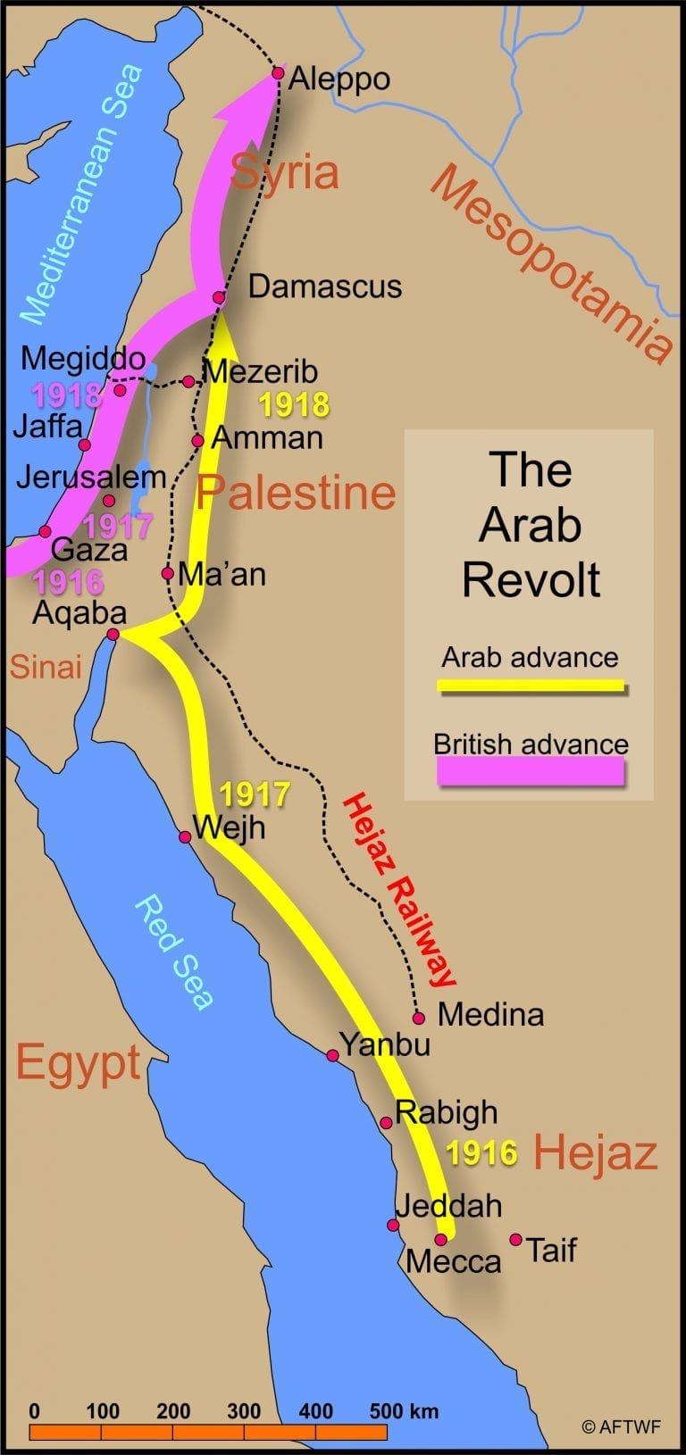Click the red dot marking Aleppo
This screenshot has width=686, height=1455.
tap(278, 73)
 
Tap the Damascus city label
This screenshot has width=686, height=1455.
tap(324, 287)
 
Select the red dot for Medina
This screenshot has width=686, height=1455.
tap(418, 1018)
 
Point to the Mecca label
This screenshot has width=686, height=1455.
tap(453, 1261)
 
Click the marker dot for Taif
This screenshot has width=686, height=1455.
tap(515, 1239)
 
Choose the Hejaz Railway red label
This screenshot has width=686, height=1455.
tap(399, 890)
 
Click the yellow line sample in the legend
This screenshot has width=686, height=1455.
tap(531, 686)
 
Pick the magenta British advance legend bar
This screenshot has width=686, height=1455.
tap(531, 770)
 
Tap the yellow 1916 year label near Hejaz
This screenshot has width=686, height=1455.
tap(481, 1153)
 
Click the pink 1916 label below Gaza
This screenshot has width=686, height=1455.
tap(69, 583)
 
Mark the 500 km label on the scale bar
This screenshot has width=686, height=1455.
tap(404, 1411)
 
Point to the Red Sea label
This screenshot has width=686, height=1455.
tap(174, 952)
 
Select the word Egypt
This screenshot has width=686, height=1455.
tap(79, 1062)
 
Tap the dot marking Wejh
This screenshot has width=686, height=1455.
tap(185, 836)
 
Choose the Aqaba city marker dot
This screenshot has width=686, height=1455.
tap(113, 635)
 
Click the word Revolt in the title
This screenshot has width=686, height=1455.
tap(531, 579)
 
